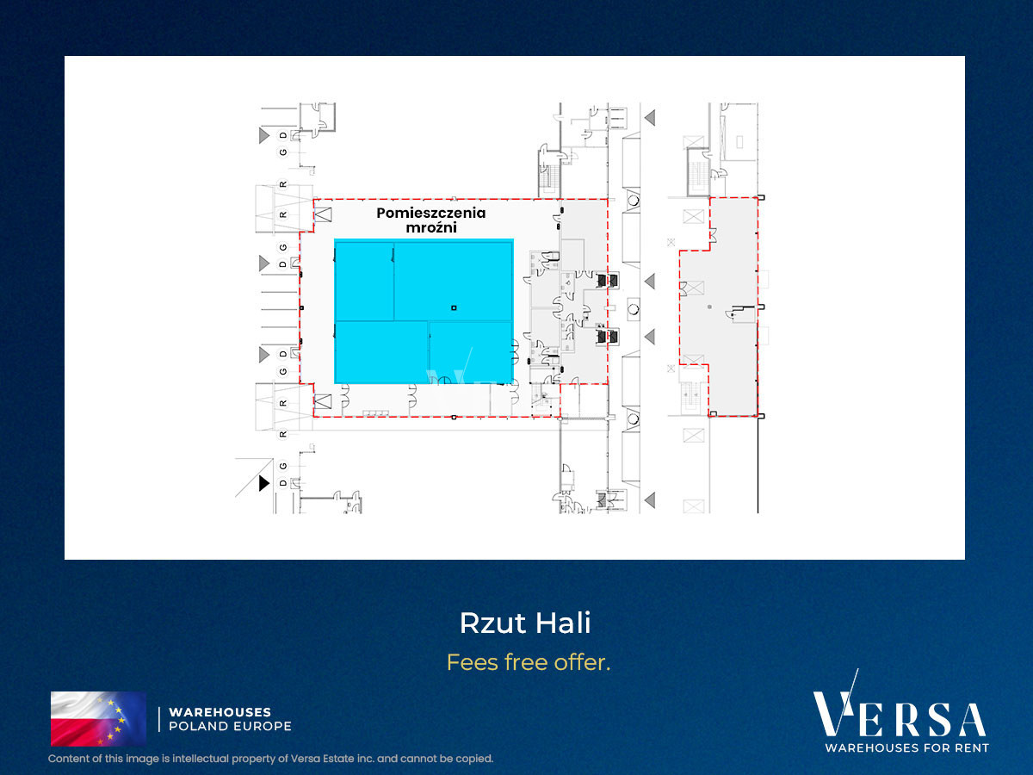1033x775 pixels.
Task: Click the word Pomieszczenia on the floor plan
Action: coord(430,214)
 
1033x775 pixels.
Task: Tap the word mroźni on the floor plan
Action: coord(431,227)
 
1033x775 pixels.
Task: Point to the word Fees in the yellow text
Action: coord(472,662)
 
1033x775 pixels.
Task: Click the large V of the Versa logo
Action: coord(834,709)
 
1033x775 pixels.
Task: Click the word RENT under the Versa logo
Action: coord(969,747)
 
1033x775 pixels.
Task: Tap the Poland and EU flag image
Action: coord(98,718)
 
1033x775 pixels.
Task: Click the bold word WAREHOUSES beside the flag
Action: coord(220,712)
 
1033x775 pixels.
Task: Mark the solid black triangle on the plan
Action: coord(264,483)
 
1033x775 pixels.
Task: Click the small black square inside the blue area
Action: coord(454,307)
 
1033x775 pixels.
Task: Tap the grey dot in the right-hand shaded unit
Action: coord(709,307)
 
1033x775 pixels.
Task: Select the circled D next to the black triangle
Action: coord(283,483)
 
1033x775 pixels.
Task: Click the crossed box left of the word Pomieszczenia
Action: coord(323,214)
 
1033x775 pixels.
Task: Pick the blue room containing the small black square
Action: coord(453,281)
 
